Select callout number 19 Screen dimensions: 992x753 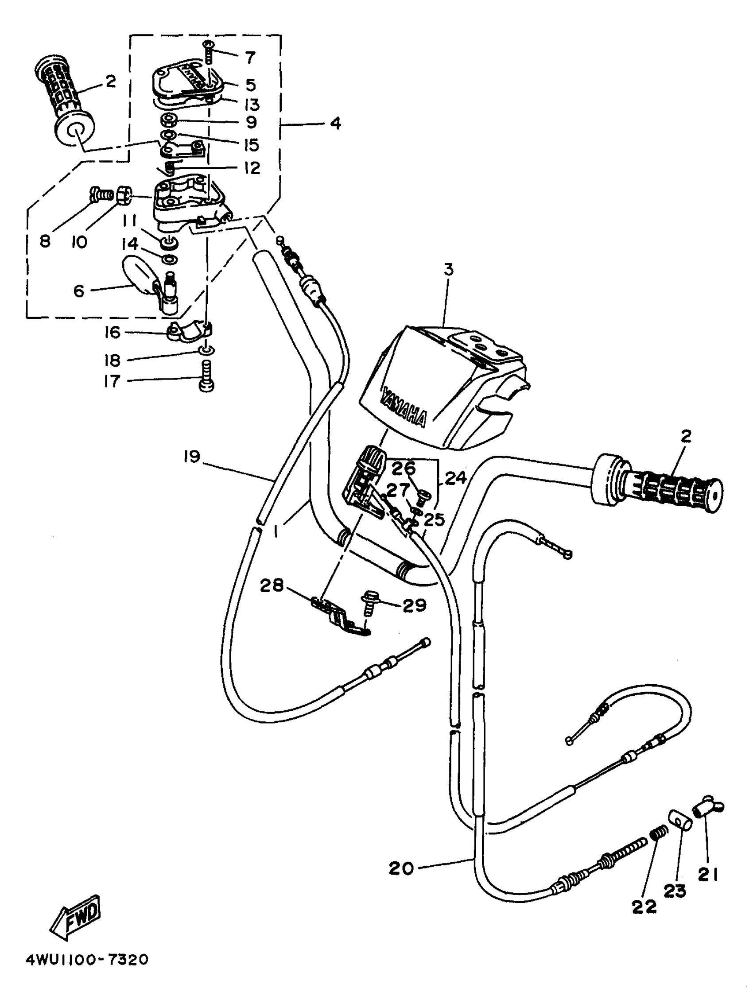tap(191, 457)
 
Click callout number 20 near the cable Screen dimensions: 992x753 tap(401, 869)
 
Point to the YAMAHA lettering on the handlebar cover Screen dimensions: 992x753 tap(403, 408)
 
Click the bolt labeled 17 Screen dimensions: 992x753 tap(206, 380)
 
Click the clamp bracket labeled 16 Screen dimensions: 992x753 tap(189, 332)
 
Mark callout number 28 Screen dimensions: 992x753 tap(272, 585)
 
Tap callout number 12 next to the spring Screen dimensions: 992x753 tap(252, 168)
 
